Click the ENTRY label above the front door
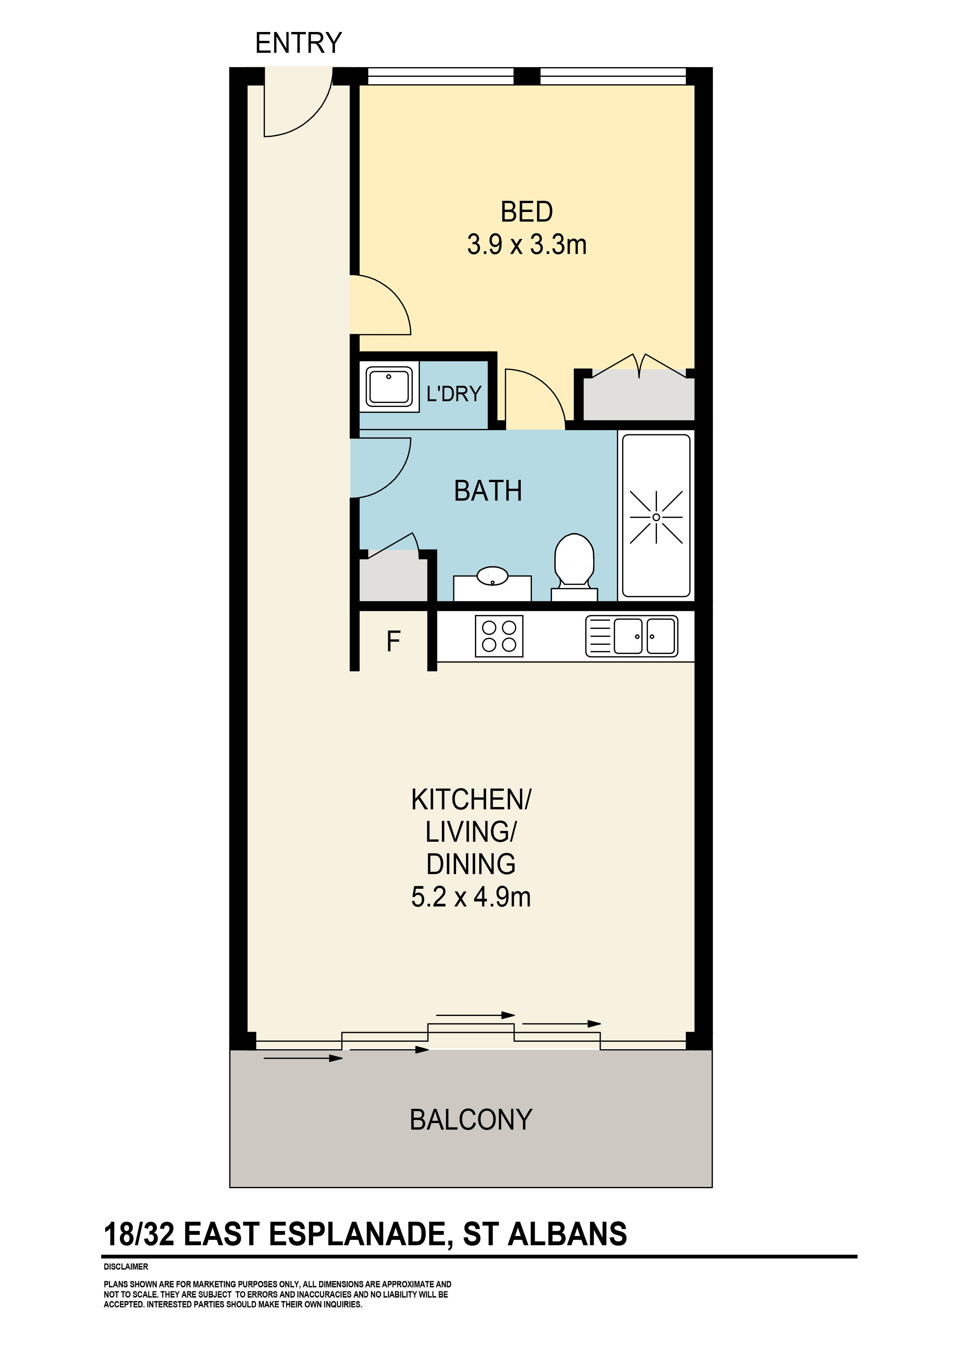point(299,43)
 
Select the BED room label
point(527,212)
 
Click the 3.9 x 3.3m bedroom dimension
point(527,244)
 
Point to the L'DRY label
point(454,393)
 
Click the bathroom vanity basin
point(492,575)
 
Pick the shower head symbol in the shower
point(656,517)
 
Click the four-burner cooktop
point(499,636)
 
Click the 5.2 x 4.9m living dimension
point(471,897)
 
